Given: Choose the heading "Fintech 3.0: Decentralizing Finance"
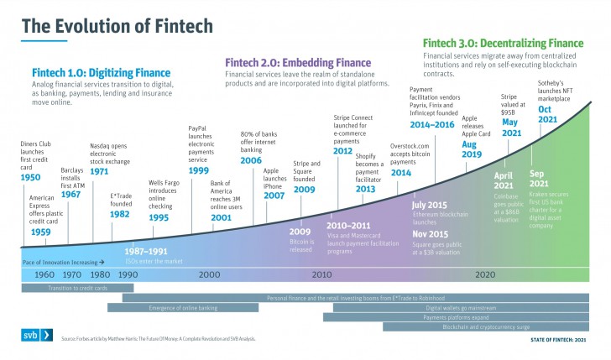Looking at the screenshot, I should pyautogui.click(x=503, y=43).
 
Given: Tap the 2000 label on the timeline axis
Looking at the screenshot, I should pyautogui.click(x=210, y=274).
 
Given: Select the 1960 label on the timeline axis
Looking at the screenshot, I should pyautogui.click(x=44, y=274).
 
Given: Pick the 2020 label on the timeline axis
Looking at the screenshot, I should pyautogui.click(x=484, y=274).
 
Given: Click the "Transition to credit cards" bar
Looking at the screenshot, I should pyautogui.click(x=78, y=288).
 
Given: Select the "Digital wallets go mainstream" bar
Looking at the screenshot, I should pyautogui.click(x=457, y=308).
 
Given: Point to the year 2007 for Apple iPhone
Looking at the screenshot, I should pyautogui.click(x=274, y=196).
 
